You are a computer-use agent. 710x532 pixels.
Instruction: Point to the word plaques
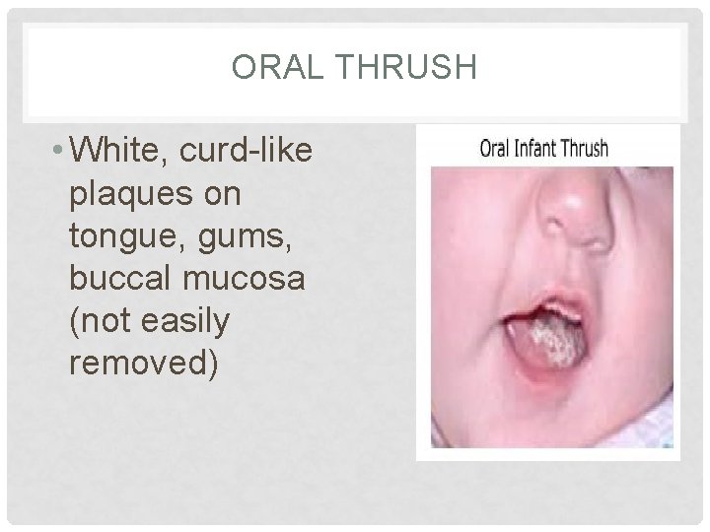[x=132, y=195]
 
